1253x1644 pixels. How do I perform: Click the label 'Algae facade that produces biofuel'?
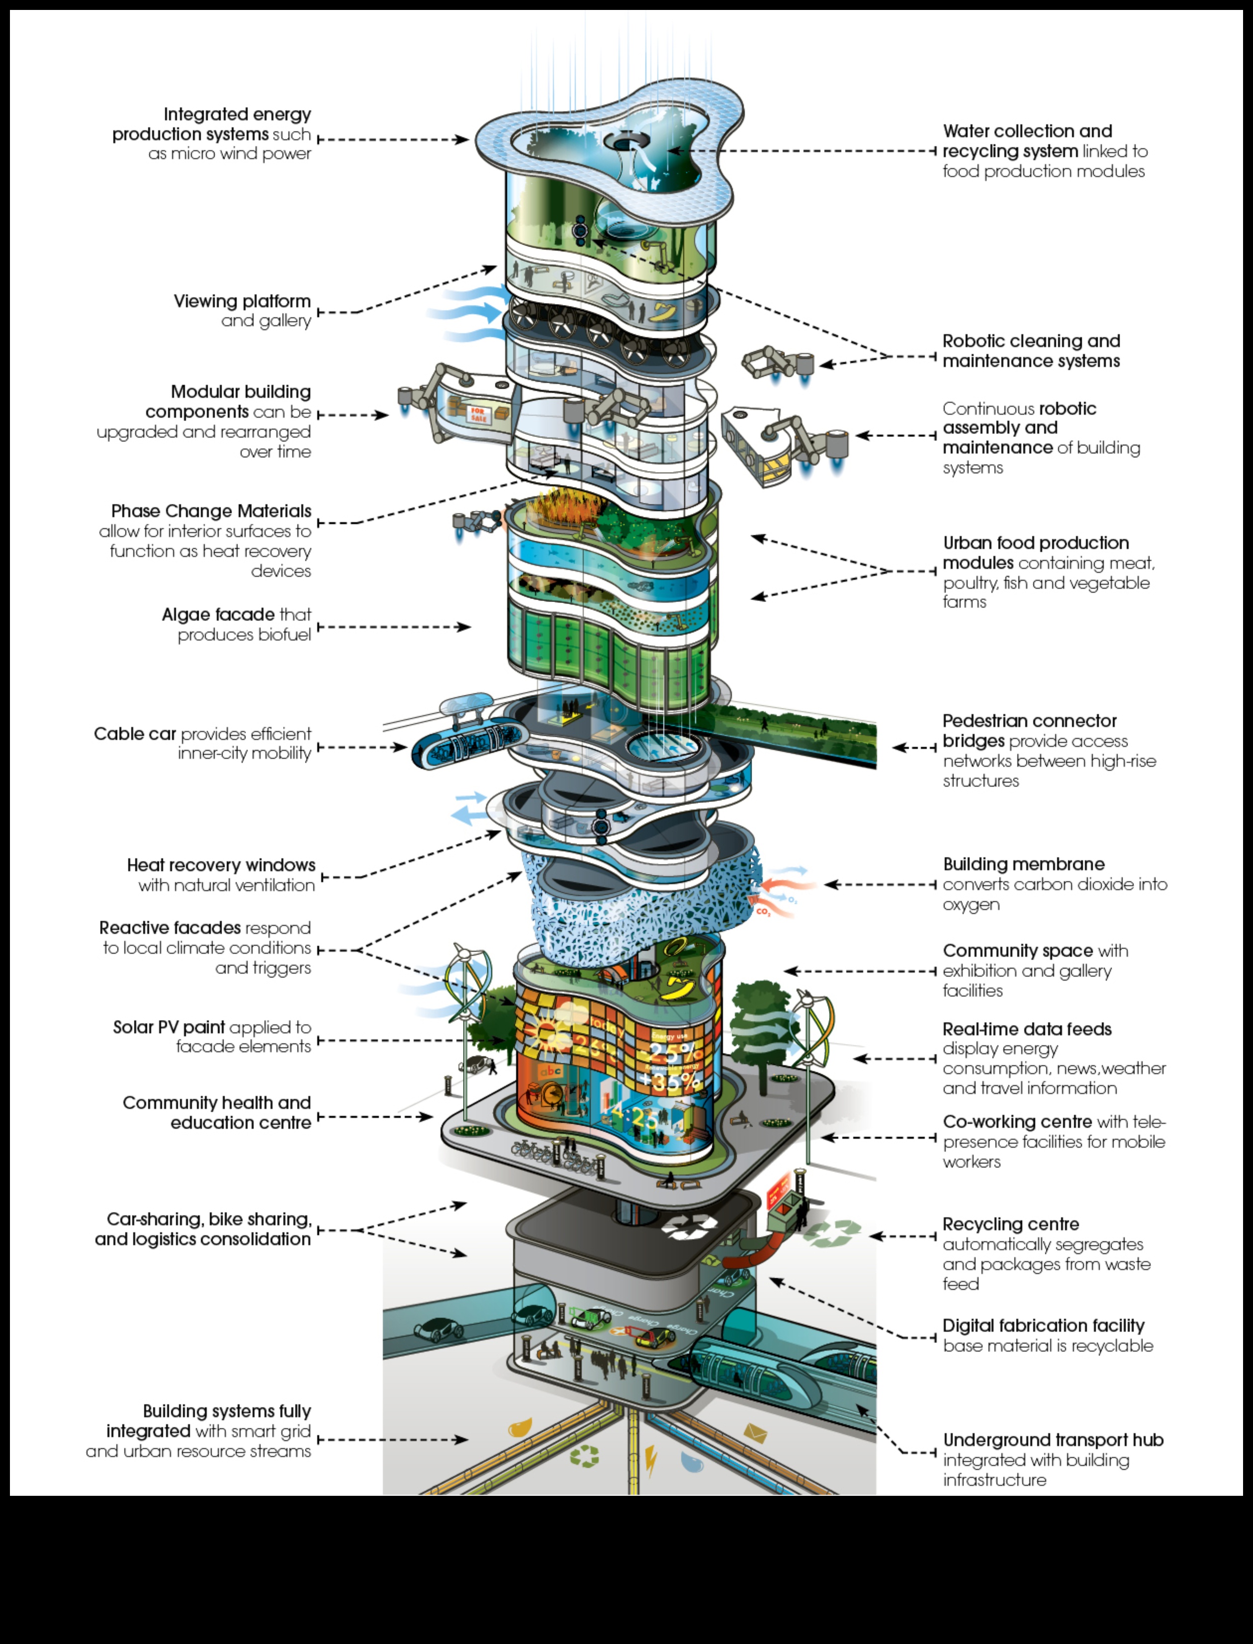click(237, 625)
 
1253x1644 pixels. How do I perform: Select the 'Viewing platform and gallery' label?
click(243, 310)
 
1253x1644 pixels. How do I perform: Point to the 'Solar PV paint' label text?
click(169, 1027)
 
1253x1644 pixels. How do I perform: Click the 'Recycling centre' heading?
click(1010, 1224)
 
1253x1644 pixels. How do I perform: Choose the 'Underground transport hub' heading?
click(1052, 1440)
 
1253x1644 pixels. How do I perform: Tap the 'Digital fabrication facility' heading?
click(1043, 1326)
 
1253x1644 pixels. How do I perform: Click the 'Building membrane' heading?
click(1023, 864)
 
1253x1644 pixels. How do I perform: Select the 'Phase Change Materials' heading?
click(211, 511)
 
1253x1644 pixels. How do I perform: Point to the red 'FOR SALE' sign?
click(477, 414)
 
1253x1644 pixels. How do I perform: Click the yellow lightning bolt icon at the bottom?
click(650, 1461)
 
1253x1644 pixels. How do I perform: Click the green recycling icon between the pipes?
click(584, 1455)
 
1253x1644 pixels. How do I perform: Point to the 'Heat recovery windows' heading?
click(221, 865)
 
